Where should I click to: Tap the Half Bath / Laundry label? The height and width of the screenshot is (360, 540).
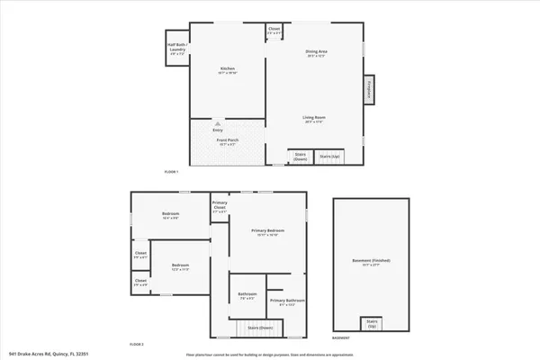(x=176, y=50)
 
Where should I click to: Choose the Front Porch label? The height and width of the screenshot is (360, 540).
(x=226, y=140)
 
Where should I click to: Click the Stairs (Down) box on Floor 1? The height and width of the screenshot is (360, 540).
(x=300, y=157)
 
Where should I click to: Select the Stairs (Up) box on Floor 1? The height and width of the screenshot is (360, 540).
(x=330, y=157)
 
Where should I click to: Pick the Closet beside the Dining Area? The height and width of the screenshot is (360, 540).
(x=274, y=31)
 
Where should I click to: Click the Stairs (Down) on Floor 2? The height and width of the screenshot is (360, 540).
(x=260, y=328)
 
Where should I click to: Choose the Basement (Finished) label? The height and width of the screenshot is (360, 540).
(x=366, y=263)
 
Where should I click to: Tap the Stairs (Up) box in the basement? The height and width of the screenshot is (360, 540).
(x=370, y=323)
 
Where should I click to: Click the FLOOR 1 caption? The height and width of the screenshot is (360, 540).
(x=172, y=172)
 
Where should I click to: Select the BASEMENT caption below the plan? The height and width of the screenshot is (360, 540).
(x=340, y=338)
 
